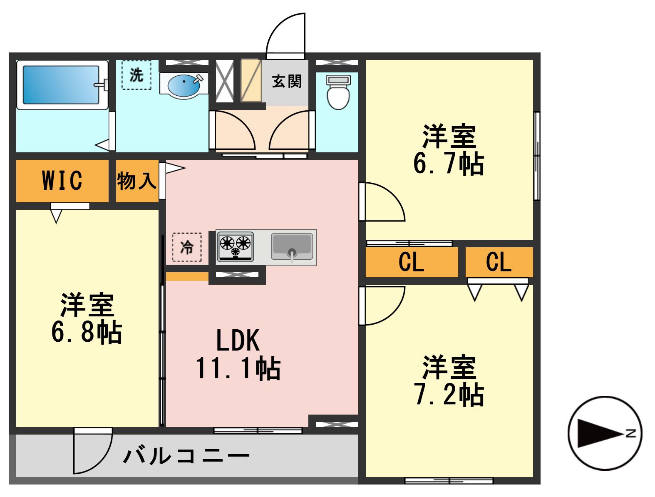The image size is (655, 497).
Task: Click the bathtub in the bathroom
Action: pos(62,85)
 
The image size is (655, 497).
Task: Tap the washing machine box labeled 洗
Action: pos(136,75)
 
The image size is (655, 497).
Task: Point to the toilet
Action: pos(338,92)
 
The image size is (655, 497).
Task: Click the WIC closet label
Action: pos(62,180)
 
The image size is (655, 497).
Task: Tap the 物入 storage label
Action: pos(136,181)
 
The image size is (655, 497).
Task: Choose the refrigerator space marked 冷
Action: pos(187,247)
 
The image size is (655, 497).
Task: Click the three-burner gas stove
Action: pos(235,246)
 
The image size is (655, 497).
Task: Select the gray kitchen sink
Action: pos(292,246)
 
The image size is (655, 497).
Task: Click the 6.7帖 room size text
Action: pos(448,164)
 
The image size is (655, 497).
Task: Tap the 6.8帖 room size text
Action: pos(87,332)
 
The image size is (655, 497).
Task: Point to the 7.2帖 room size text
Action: pos(449,395)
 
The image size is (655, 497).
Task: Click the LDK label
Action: pos(238,340)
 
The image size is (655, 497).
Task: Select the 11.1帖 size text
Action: pos(238,368)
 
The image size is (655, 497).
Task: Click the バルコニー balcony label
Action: pos(186,456)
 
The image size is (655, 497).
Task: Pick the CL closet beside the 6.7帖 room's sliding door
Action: pos(412,262)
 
